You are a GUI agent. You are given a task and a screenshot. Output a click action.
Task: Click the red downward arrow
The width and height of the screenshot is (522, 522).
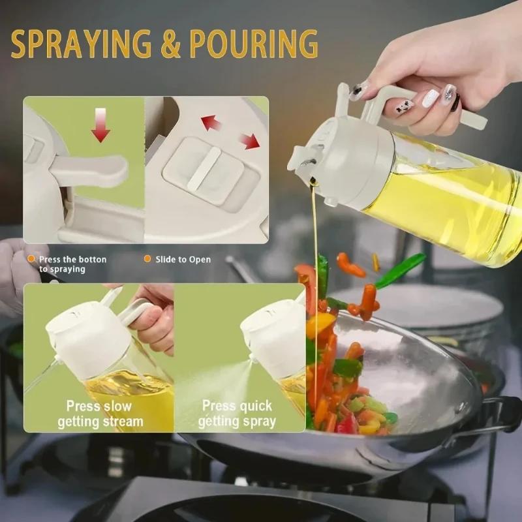[x=100, y=127]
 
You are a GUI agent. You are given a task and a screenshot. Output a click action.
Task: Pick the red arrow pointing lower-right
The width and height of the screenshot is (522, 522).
[x=249, y=140]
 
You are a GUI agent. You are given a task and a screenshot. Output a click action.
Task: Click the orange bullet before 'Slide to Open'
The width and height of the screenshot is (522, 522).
[x=148, y=259]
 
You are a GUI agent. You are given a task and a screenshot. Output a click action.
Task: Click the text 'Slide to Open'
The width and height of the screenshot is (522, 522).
[x=183, y=260]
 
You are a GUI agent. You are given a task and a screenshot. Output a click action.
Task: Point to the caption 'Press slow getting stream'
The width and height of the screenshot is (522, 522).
[x=99, y=414]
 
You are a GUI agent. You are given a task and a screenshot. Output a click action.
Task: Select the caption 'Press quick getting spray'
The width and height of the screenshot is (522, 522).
[x=236, y=414]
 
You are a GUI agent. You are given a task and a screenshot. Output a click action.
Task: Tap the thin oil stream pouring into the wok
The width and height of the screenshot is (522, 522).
[x=315, y=241]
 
